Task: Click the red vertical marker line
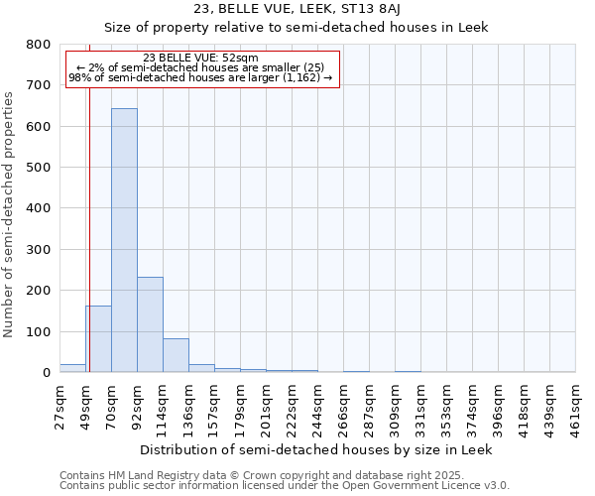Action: [x=89, y=218]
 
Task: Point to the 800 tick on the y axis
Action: [x=39, y=45]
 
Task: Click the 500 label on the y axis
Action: [x=39, y=168]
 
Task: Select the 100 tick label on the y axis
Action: [x=39, y=331]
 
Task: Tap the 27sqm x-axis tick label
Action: [x=60, y=407]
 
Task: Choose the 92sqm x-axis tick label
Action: [x=138, y=407]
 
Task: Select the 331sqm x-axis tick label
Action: [x=421, y=409]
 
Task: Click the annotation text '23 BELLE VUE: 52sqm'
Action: [x=200, y=59]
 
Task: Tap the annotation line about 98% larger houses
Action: [x=200, y=77]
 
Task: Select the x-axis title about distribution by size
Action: [x=315, y=449]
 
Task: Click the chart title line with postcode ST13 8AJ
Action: [x=296, y=9]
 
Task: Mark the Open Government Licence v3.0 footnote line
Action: [x=284, y=486]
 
